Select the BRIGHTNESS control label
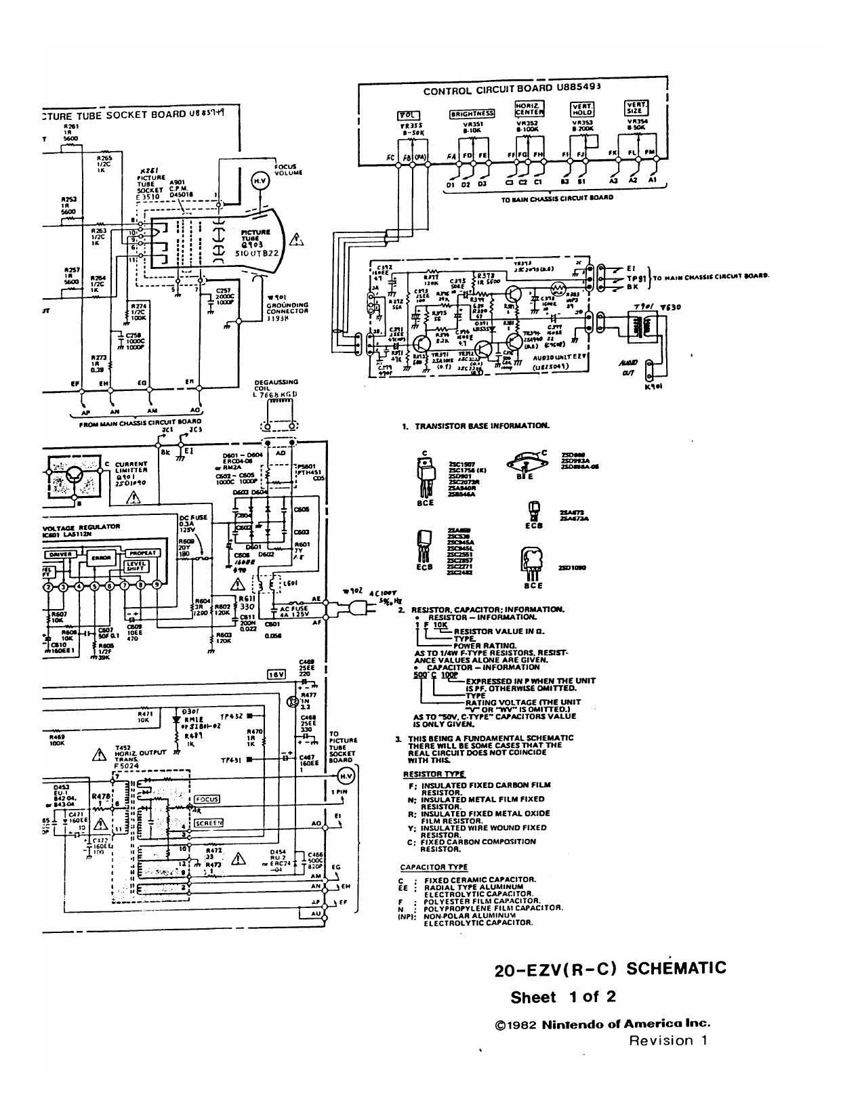click(x=472, y=114)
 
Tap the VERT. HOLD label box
click(x=583, y=109)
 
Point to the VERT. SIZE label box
click(x=636, y=108)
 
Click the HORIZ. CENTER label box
click(x=530, y=109)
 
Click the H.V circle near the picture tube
click(x=260, y=180)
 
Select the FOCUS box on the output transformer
click(x=207, y=800)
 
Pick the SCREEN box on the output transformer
click(x=208, y=823)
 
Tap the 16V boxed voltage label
click(x=276, y=674)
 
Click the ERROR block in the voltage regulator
click(x=101, y=558)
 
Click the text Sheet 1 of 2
click(x=562, y=997)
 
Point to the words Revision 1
click(x=668, y=1041)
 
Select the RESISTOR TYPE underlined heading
click(x=434, y=774)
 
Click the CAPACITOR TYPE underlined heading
click(x=434, y=867)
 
